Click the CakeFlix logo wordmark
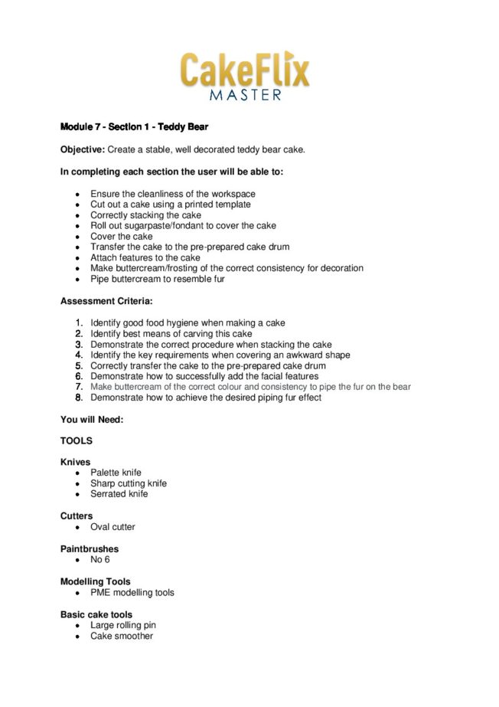(x=245, y=70)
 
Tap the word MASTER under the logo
(x=245, y=96)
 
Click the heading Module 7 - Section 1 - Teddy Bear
(x=134, y=126)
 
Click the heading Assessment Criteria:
(x=106, y=301)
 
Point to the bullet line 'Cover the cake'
(x=121, y=237)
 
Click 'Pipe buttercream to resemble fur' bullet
(x=157, y=280)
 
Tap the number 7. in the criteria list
(x=79, y=388)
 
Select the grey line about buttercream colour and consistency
(x=250, y=388)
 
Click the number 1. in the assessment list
(x=79, y=323)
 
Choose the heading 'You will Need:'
(x=92, y=420)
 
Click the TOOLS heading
(x=77, y=441)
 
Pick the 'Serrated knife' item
(x=119, y=494)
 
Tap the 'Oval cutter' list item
(x=113, y=527)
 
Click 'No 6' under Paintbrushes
(x=100, y=560)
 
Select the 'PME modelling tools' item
(x=132, y=593)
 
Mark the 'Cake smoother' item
(x=121, y=636)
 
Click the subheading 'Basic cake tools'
(x=96, y=614)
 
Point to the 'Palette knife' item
(x=116, y=473)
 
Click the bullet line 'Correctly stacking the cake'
(x=145, y=215)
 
